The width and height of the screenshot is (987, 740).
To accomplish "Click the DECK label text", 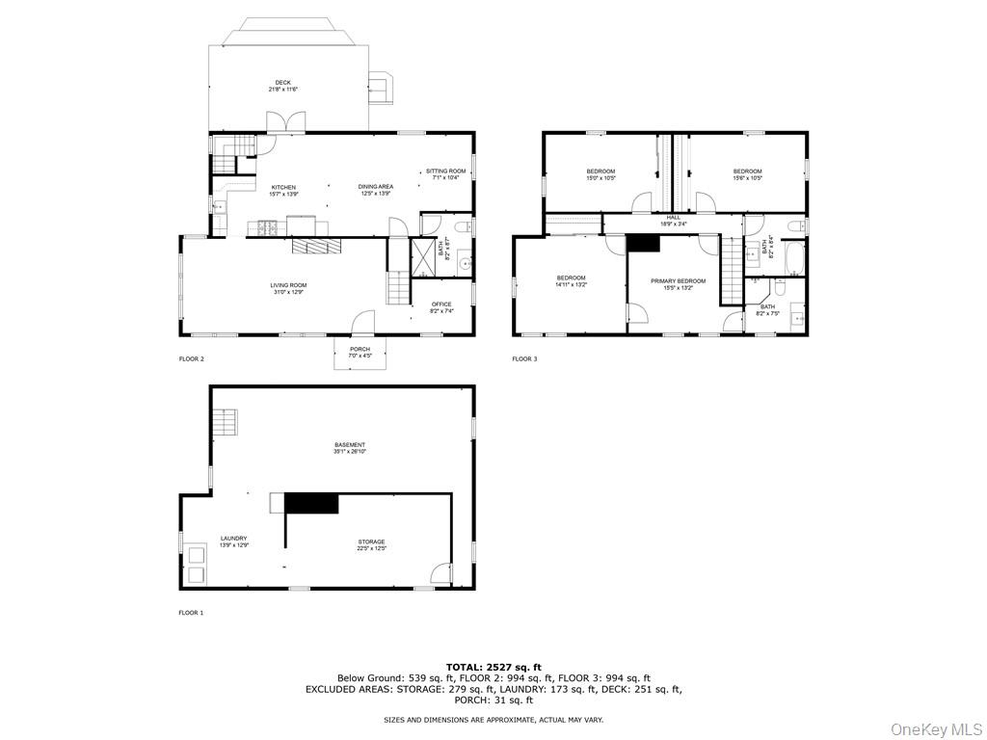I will tap(282, 83).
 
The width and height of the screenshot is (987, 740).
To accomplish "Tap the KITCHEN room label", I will tap(282, 187).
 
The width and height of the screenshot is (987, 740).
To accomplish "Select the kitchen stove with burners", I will tap(268, 228).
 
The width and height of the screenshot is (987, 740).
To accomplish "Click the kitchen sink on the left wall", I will tap(219, 206).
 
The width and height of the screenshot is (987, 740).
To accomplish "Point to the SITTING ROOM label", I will tap(446, 172).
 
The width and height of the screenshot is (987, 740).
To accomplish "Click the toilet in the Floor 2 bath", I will tap(462, 227).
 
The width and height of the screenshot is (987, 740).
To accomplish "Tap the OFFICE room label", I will tap(441, 304).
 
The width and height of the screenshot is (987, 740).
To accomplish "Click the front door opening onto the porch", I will tap(361, 324).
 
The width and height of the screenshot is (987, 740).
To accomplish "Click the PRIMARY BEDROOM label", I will tap(678, 281).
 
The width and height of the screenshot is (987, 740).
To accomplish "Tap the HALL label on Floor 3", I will tap(673, 218).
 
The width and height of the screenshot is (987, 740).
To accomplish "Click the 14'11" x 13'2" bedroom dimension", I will tap(571, 285).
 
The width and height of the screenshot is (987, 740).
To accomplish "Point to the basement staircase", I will tap(226, 422).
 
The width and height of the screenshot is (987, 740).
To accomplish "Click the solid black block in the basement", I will tap(311, 503).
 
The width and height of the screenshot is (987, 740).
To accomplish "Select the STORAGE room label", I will tap(372, 542).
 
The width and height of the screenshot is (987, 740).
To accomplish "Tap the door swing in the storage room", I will tap(440, 573).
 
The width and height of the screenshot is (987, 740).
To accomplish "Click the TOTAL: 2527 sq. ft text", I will tap(493, 667).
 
